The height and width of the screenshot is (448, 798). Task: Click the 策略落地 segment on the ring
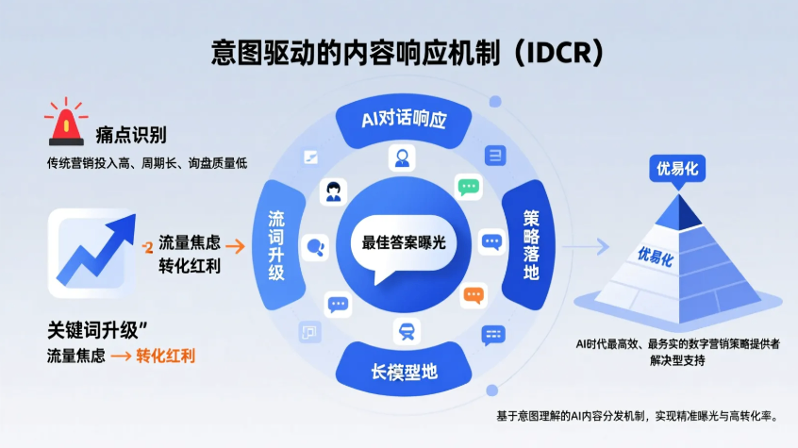coord(530,244)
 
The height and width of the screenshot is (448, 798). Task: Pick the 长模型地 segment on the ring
coord(404,371)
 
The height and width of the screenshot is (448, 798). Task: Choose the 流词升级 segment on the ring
coord(276,244)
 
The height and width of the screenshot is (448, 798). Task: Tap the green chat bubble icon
coord(469,186)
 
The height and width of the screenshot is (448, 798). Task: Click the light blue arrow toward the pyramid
coord(589,247)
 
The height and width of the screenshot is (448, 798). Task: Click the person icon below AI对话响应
coord(404,158)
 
